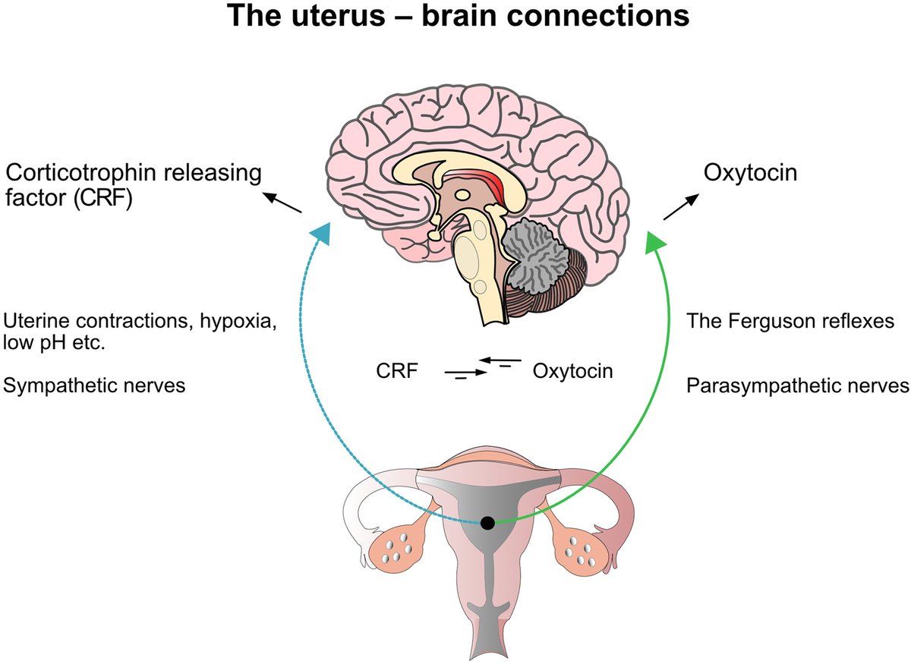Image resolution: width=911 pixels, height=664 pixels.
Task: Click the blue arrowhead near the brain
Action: (320, 231)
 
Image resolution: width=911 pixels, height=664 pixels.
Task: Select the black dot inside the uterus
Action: (488, 523)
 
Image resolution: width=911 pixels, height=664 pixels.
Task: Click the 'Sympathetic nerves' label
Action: (95, 385)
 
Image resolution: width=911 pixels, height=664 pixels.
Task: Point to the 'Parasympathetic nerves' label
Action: (797, 385)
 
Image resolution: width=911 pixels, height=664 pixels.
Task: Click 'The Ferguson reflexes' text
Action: (790, 320)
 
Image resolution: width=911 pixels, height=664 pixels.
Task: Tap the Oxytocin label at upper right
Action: (750, 172)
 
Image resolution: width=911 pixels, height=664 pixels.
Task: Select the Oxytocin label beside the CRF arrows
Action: (572, 372)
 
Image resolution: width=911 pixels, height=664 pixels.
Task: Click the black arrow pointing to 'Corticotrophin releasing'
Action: (282, 203)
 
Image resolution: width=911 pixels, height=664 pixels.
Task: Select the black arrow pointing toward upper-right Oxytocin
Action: (679, 206)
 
